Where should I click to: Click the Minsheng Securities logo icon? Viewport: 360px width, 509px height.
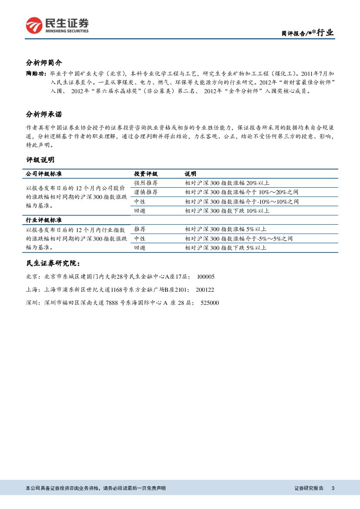[34, 25]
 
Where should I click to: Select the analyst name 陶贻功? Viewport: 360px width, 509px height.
[35, 74]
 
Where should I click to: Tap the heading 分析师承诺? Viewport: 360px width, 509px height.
[44, 115]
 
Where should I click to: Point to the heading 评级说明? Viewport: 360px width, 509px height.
[40, 160]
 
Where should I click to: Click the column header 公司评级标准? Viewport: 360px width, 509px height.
[44, 174]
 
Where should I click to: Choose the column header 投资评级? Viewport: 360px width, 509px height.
[146, 174]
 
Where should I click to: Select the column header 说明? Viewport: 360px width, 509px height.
[190, 174]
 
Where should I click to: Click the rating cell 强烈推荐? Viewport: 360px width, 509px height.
[146, 183]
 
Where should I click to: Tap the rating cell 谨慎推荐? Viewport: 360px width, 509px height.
[146, 192]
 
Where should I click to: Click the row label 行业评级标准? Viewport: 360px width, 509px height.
[44, 220]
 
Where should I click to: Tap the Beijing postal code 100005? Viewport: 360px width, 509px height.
[206, 276]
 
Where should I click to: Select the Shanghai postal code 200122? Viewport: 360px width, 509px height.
[205, 290]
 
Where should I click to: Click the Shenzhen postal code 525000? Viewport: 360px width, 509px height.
[210, 303]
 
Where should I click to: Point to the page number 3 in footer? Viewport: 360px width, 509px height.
[333, 489]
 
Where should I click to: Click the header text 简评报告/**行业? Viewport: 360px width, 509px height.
[307, 33]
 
